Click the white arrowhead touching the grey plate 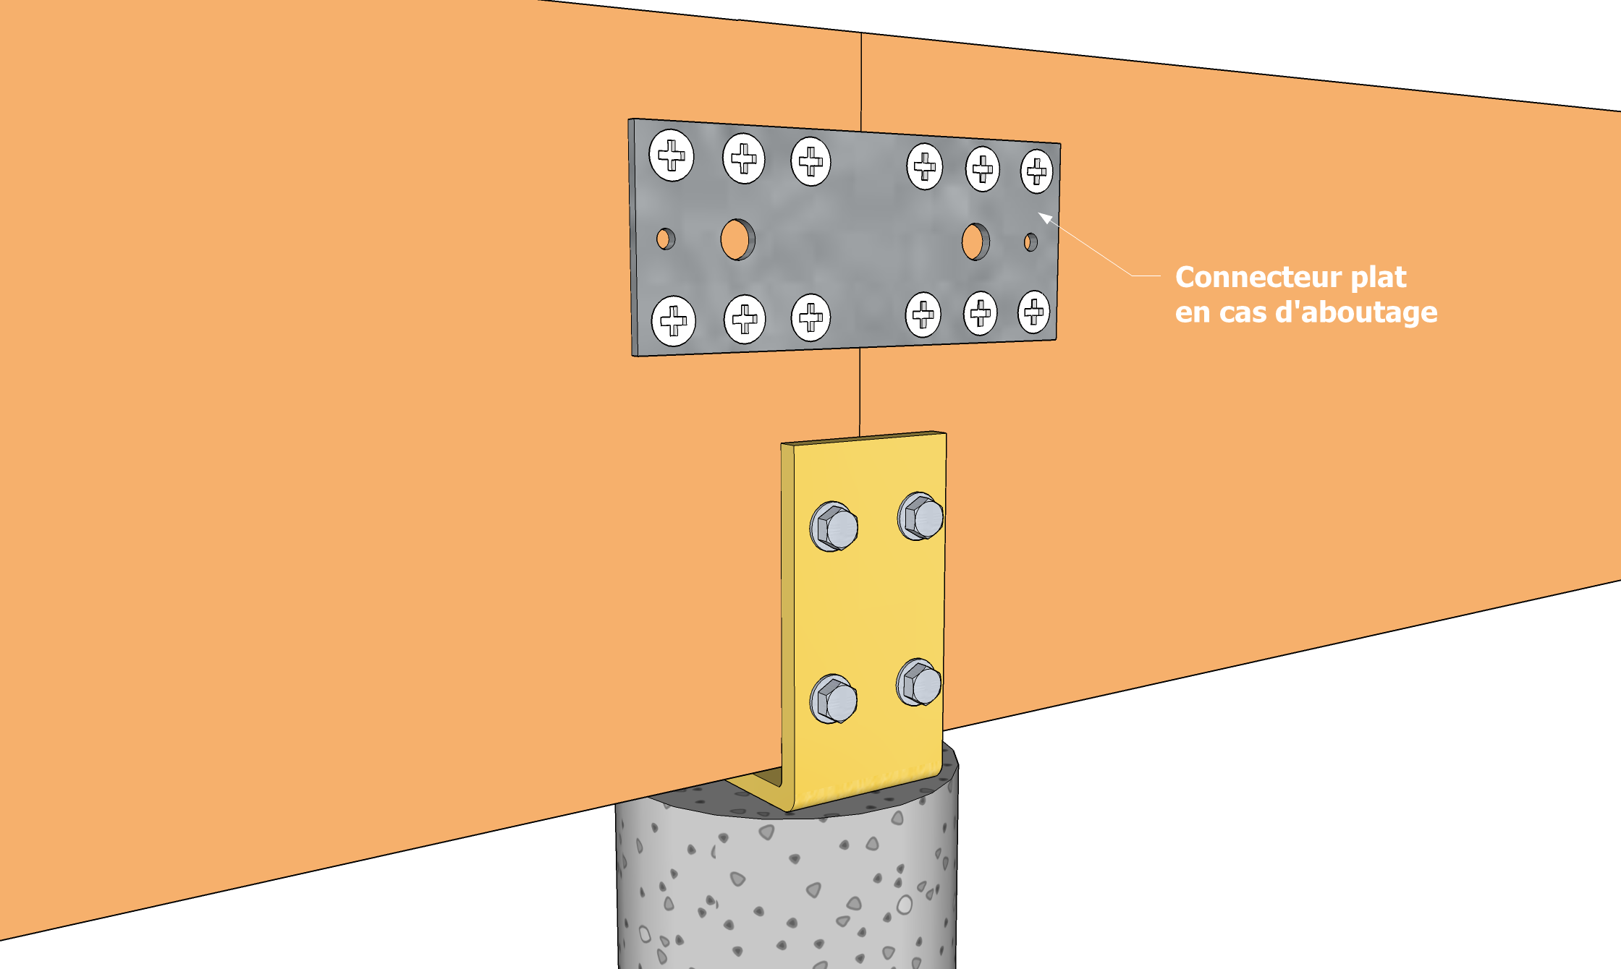(1045, 217)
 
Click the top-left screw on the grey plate (672, 155)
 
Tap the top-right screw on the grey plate (1037, 171)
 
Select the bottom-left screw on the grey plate (674, 320)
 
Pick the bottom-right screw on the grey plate (1034, 312)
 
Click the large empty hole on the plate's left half (737, 239)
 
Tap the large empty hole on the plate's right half (975, 242)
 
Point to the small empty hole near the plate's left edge (666, 239)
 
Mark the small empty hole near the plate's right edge (1030, 242)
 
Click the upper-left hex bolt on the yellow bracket (834, 526)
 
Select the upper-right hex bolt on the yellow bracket (921, 516)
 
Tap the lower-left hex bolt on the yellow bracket (834, 699)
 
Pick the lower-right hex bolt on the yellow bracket (920, 682)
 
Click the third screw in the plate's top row (810, 161)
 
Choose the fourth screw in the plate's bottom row (923, 315)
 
